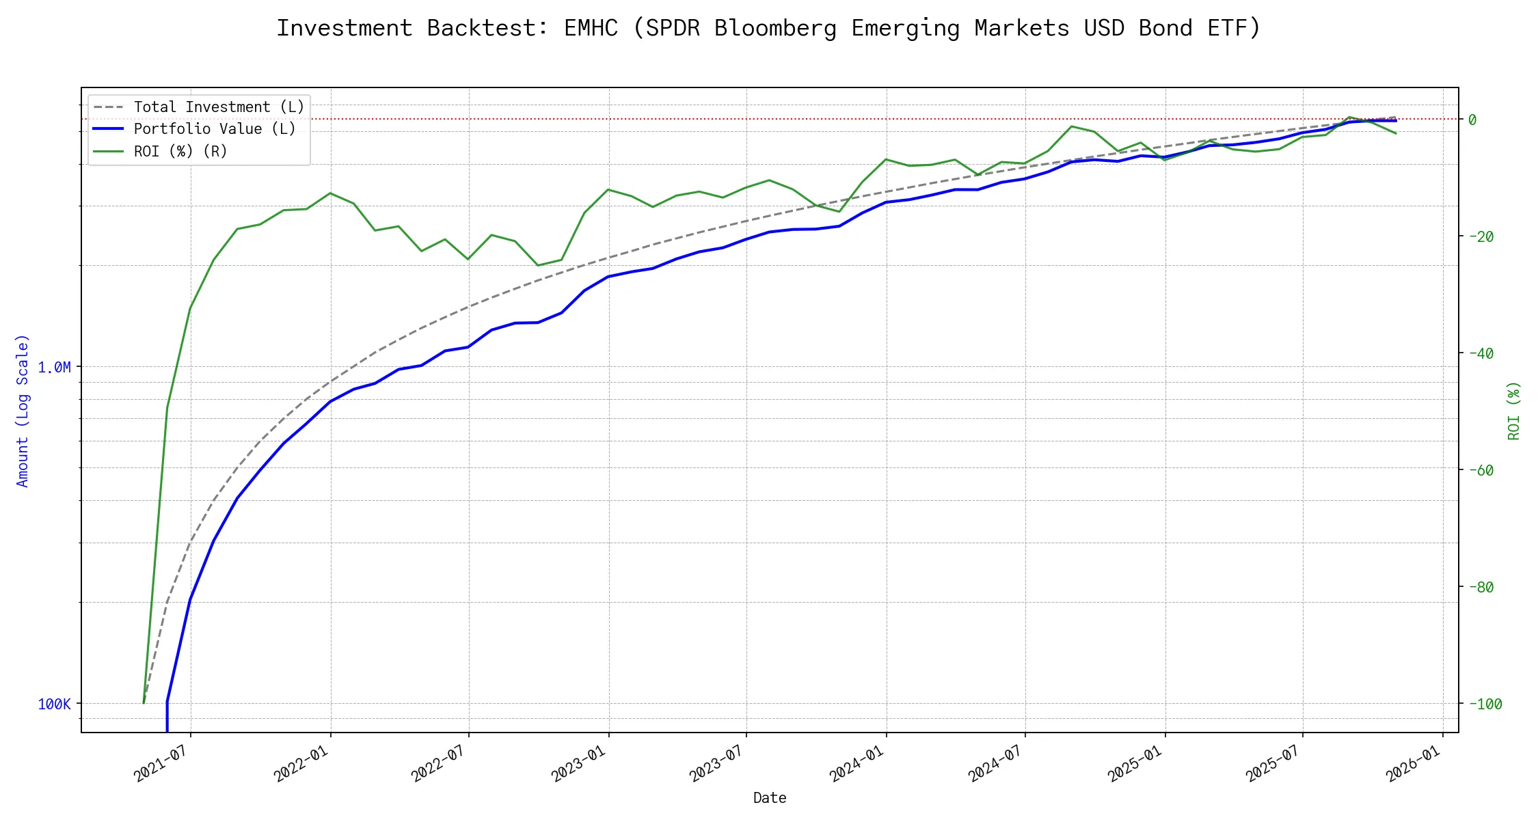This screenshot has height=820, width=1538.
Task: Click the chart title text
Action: pyautogui.click(x=768, y=28)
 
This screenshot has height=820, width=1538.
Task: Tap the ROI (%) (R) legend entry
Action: pyautogui.click(x=180, y=151)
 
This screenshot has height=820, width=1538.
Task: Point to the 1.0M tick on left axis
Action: pyautogui.click(x=54, y=368)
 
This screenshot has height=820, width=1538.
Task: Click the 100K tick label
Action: pyautogui.click(x=54, y=705)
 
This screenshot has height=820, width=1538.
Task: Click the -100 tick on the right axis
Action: pyautogui.click(x=1485, y=704)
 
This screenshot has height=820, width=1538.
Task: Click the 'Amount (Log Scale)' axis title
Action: pyautogui.click(x=23, y=411)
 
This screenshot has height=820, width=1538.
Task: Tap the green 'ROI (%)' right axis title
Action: pyautogui.click(x=1513, y=411)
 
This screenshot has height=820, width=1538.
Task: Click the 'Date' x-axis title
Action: pyautogui.click(x=770, y=798)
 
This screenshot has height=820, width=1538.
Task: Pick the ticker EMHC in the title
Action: pyautogui.click(x=591, y=28)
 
